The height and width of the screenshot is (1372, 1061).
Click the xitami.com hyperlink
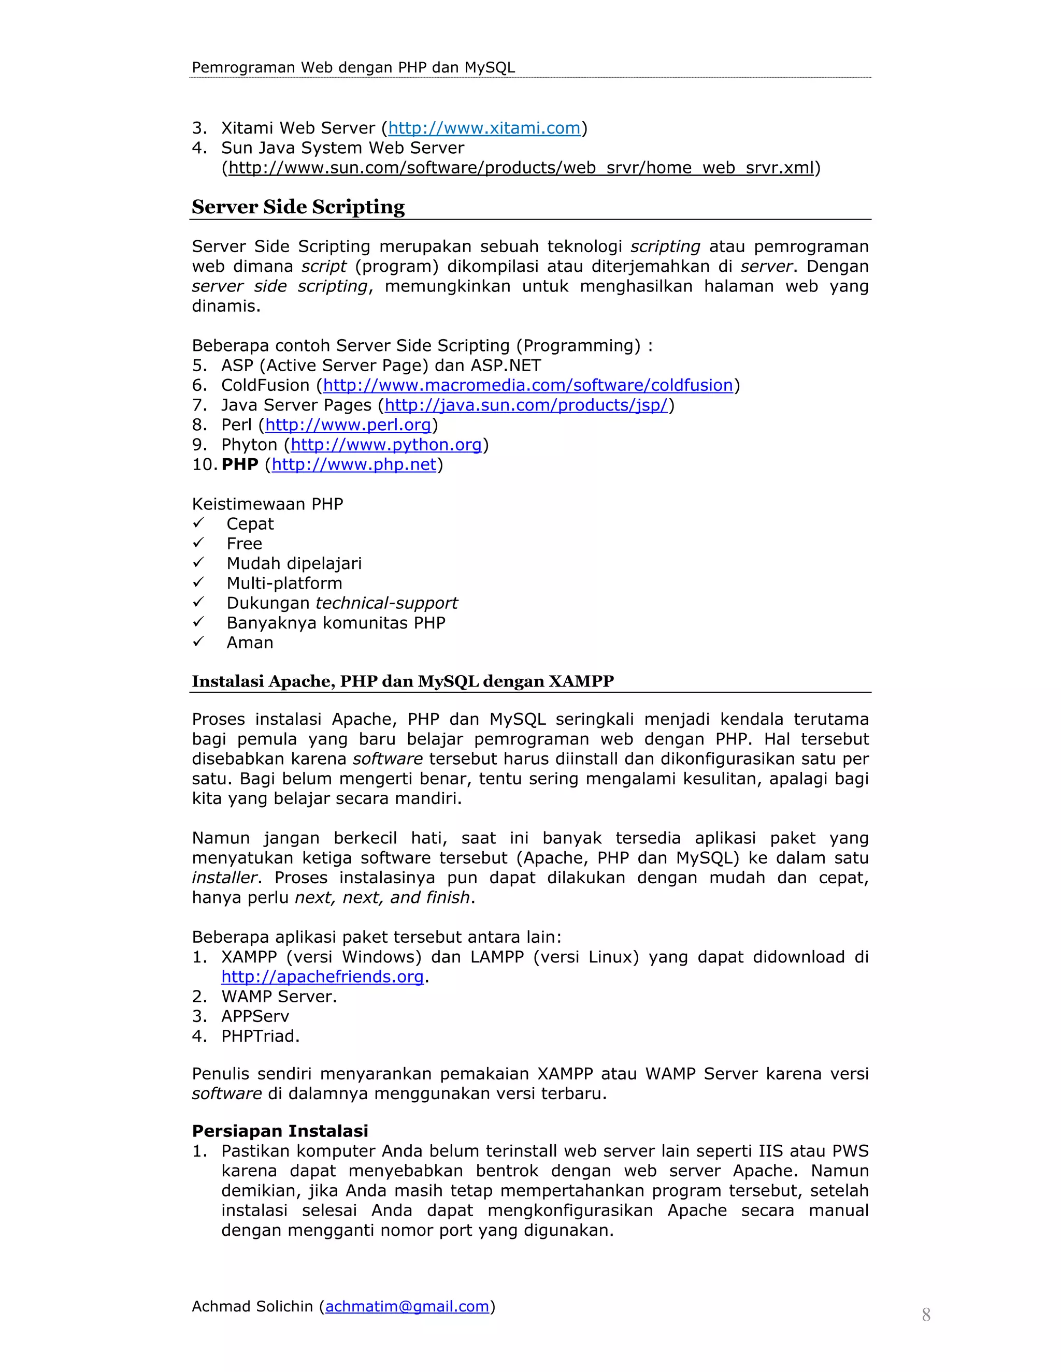tap(483, 128)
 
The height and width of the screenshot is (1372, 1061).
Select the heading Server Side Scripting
tap(298, 207)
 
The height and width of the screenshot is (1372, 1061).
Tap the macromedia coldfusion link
tap(527, 385)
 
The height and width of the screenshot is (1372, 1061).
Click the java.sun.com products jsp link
tap(525, 405)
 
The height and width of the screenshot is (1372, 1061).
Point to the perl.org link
tap(348, 425)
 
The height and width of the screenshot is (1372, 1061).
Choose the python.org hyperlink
tap(385, 445)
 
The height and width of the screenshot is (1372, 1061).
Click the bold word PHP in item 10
tap(239, 465)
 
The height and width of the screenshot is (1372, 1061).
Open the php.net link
tap(353, 465)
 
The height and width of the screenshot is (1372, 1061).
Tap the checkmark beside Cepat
tap(198, 523)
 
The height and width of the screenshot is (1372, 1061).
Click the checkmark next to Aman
tap(198, 641)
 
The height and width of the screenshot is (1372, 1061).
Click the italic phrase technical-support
tap(386, 603)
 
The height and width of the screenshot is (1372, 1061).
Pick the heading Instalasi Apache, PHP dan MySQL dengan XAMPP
tap(402, 682)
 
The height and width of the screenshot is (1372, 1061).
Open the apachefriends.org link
tap(322, 977)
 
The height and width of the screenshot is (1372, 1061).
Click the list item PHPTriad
tap(260, 1037)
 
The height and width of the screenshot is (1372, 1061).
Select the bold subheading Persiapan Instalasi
tap(280, 1131)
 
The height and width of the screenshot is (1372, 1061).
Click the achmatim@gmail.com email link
tap(407, 1307)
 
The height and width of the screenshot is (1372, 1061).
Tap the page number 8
tap(926, 1315)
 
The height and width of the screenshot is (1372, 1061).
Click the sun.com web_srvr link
tap(521, 168)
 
